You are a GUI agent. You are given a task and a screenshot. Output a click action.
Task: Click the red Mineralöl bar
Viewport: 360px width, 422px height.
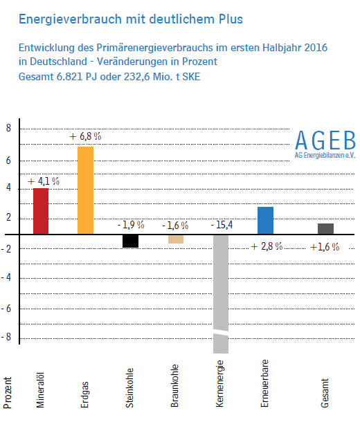[41, 211]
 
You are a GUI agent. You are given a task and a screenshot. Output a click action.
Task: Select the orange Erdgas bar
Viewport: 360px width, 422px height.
[86, 190]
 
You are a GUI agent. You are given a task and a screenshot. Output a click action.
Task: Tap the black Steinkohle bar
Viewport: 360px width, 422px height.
[131, 241]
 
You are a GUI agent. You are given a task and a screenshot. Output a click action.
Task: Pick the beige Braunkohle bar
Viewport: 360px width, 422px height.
[176, 239]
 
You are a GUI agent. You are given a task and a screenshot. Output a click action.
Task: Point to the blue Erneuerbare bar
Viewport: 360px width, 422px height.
[265, 221]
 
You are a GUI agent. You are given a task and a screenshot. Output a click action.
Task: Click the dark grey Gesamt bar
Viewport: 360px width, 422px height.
[326, 229]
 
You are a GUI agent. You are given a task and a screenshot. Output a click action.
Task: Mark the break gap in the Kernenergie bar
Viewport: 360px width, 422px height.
[221, 332]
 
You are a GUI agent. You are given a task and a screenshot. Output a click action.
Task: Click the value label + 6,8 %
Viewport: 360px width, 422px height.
[85, 136]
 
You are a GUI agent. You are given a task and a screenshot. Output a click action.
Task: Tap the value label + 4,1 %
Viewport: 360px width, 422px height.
[44, 181]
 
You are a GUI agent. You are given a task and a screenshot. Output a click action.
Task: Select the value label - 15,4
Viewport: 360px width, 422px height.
[222, 225]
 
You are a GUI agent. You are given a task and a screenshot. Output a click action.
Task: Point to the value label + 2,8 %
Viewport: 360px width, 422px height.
[267, 246]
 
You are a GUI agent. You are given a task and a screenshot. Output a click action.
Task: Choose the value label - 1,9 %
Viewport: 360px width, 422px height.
[131, 225]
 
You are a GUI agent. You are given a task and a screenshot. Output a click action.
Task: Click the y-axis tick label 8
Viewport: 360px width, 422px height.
[8, 128]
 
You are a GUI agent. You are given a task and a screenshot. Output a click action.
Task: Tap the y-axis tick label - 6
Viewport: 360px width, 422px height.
[6, 309]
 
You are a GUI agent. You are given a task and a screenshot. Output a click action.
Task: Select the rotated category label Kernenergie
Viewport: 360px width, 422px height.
[219, 383]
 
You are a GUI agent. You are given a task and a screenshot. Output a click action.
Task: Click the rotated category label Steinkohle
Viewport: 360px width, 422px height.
[129, 388]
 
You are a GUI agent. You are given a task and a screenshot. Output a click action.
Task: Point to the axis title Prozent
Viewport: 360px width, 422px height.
[8, 393]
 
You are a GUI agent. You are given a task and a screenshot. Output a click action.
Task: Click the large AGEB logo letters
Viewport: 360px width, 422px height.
[325, 140]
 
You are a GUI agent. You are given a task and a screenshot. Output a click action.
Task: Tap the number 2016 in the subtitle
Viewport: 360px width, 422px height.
[316, 48]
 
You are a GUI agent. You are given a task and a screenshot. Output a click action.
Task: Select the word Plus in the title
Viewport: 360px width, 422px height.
[231, 19]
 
